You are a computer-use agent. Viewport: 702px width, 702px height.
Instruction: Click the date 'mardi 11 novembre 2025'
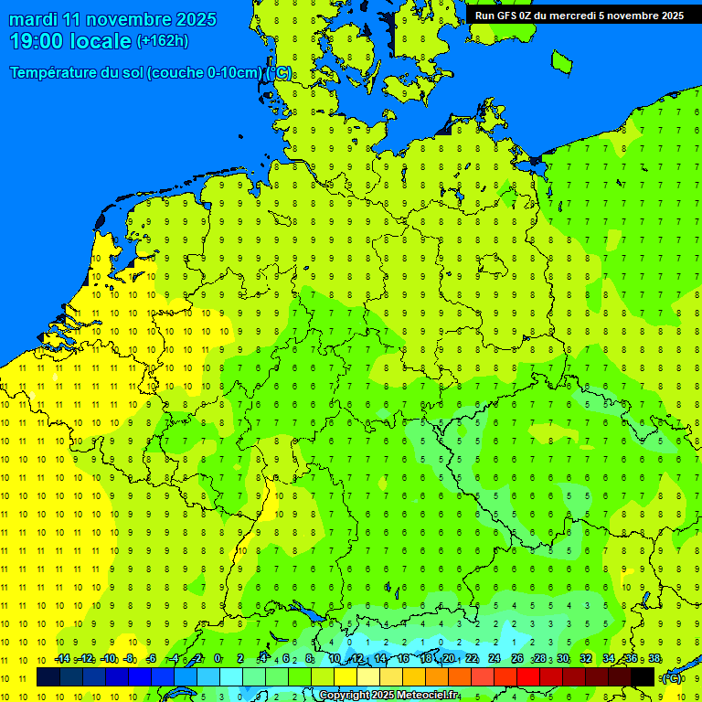click(x=112, y=19)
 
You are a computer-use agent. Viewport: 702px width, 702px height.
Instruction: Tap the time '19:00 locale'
click(x=69, y=40)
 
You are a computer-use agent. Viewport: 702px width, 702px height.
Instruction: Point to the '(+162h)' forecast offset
click(x=163, y=40)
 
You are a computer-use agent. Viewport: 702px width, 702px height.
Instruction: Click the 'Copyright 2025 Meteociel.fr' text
click(x=389, y=696)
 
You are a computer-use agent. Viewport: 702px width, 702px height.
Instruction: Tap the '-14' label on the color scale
click(x=62, y=658)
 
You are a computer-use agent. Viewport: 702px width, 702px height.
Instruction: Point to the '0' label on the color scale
click(x=218, y=658)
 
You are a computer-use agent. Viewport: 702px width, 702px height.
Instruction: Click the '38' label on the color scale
click(x=654, y=658)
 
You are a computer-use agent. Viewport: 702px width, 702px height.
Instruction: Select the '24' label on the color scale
click(x=495, y=658)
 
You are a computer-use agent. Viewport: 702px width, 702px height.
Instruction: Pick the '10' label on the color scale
click(x=335, y=658)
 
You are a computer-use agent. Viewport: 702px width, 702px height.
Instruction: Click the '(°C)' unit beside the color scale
click(x=671, y=677)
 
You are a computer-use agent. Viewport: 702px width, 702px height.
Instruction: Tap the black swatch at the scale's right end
click(x=643, y=677)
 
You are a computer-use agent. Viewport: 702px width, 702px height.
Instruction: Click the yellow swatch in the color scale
click(x=346, y=677)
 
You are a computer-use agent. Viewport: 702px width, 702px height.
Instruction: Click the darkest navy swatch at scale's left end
click(x=48, y=677)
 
